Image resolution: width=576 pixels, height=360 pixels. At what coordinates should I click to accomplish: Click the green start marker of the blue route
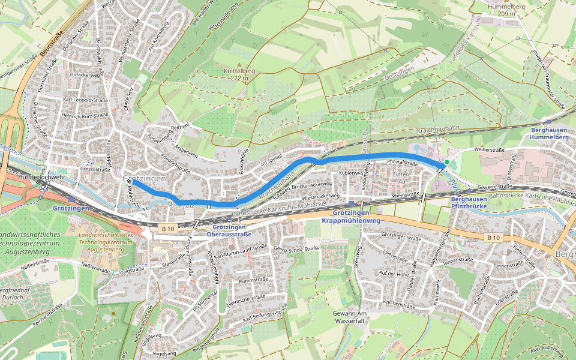tap(446, 163)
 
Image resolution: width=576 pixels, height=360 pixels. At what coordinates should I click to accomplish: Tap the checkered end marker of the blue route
tap(129, 181)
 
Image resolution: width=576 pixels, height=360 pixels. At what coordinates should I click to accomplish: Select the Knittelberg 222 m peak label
tap(239, 74)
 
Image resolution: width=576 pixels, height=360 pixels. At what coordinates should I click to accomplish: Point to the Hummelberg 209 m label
tap(502, 10)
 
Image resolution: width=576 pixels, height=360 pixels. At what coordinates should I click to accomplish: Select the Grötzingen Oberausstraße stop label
tap(230, 230)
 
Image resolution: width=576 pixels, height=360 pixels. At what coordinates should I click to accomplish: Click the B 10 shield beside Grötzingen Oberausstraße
tap(167, 229)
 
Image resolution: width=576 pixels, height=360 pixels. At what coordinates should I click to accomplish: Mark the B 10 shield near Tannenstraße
tap(493, 238)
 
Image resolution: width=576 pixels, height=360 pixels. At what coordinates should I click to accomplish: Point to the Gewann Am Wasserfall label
tap(349, 317)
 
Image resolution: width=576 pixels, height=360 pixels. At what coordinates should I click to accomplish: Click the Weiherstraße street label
tap(488, 149)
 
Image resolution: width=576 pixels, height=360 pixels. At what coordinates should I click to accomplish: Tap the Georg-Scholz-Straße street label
tap(296, 248)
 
